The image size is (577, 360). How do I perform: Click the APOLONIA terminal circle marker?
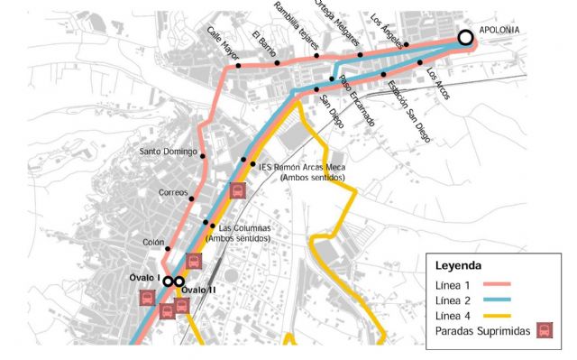[465, 38]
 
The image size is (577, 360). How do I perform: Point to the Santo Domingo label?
[169, 152]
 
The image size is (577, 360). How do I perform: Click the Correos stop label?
[173, 192]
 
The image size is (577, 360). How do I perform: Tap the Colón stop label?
[153, 243]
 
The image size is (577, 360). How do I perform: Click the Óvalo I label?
[145, 277]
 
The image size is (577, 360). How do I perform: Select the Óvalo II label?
[198, 290]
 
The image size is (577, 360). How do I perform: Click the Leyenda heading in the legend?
[459, 266]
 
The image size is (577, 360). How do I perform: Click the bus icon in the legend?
[544, 330]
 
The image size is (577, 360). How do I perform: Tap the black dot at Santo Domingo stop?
[204, 157]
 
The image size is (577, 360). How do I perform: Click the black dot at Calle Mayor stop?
[238, 66]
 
